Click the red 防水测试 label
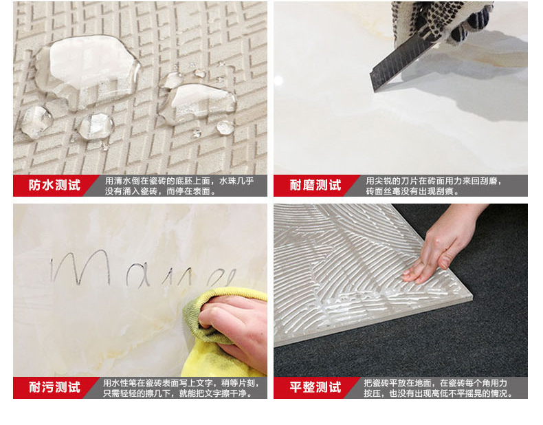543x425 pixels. pos(54,186)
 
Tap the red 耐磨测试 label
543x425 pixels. pos(315,186)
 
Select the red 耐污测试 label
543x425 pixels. pos(54,387)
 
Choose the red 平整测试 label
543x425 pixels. pos(315,387)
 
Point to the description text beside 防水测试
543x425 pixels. pos(179,186)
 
